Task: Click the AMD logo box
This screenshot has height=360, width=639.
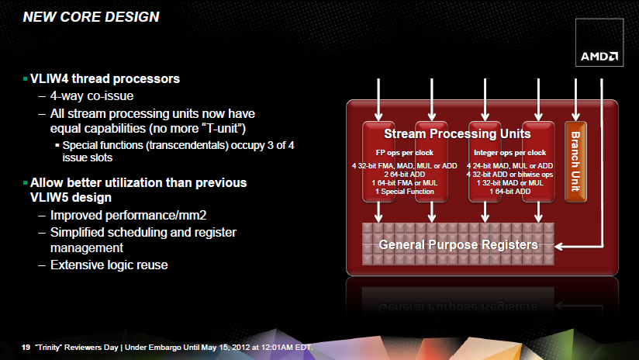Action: tap(599, 43)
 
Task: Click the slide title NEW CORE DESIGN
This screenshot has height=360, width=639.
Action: tap(91, 17)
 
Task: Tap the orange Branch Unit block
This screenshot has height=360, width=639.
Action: tap(575, 161)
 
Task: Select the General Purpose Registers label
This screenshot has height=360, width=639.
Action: tap(458, 244)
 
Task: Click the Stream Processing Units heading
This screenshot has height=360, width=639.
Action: tap(458, 133)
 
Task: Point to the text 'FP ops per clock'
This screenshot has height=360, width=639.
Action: tap(404, 153)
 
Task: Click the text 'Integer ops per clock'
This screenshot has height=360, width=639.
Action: tap(509, 153)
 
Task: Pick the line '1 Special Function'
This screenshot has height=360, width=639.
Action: tap(404, 192)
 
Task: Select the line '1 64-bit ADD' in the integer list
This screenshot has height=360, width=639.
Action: tap(509, 192)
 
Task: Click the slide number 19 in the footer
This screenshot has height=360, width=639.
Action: tap(26, 348)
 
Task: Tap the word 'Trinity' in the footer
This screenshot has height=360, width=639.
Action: tap(49, 348)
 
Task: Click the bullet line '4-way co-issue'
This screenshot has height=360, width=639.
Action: tap(92, 95)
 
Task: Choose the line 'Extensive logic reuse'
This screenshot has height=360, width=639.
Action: tap(109, 265)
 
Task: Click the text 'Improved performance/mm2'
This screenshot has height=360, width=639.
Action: tap(129, 215)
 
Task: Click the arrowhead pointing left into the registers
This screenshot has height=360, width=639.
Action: tap(559, 247)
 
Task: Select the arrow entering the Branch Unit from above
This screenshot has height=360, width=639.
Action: tap(575, 100)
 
